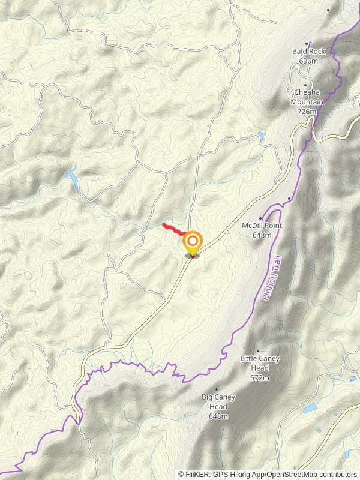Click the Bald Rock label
point(308,52)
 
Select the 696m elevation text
point(308,61)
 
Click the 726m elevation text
point(306,111)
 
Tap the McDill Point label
point(262,226)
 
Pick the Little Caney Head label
point(259,363)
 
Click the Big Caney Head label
point(218,401)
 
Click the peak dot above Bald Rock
point(308,43)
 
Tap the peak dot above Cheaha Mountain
point(305,84)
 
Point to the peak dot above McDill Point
point(261,218)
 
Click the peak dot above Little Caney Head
point(258,351)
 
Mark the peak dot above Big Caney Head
point(217,389)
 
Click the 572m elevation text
point(260,378)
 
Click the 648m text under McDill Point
point(262,235)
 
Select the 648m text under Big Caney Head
point(218,416)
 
